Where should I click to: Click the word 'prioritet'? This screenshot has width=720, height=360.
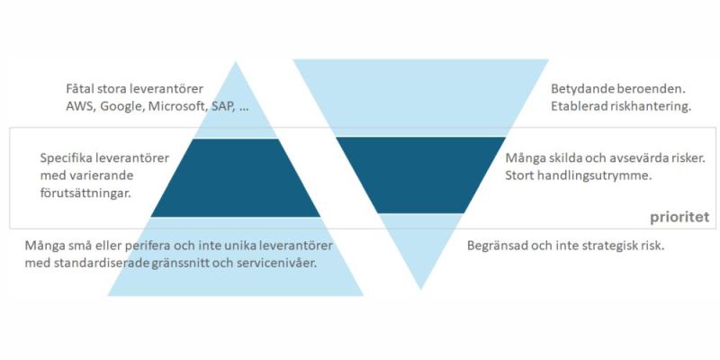(679, 218)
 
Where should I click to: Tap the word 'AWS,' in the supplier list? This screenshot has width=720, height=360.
(80, 106)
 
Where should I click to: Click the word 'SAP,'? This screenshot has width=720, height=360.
(223, 106)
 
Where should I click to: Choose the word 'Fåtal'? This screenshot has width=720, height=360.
(80, 88)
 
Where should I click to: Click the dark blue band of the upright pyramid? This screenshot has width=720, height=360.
(236, 177)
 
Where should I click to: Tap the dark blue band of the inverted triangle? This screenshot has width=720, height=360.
(420, 175)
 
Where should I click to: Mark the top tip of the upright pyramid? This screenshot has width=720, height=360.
(236, 61)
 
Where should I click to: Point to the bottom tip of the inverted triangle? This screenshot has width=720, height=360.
(420, 290)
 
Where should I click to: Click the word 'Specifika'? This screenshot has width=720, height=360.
(66, 158)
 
